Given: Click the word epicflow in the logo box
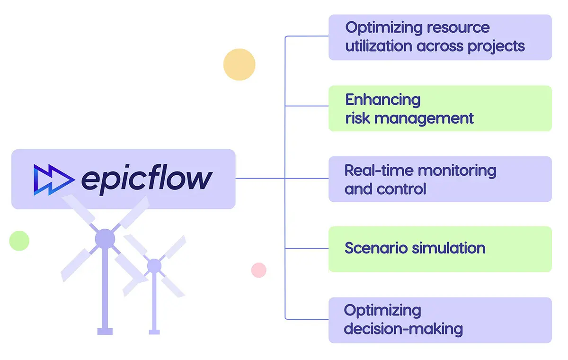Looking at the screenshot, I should tap(147, 179).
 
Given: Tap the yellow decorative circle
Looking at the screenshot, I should tap(240, 64).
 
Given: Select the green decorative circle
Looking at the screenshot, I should tap(19, 241).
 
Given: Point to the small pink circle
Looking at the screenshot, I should tap(258, 270).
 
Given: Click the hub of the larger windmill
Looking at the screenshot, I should tap(105, 239).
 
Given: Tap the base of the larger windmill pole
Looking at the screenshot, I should tap(105, 331).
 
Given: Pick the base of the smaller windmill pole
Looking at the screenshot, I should tap(154, 332).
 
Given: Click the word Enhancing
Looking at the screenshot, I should tap(382, 99).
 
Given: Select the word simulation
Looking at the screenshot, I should tap(448, 248).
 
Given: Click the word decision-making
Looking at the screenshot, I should tap(403, 329).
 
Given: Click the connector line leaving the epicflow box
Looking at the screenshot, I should tap(260, 179).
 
